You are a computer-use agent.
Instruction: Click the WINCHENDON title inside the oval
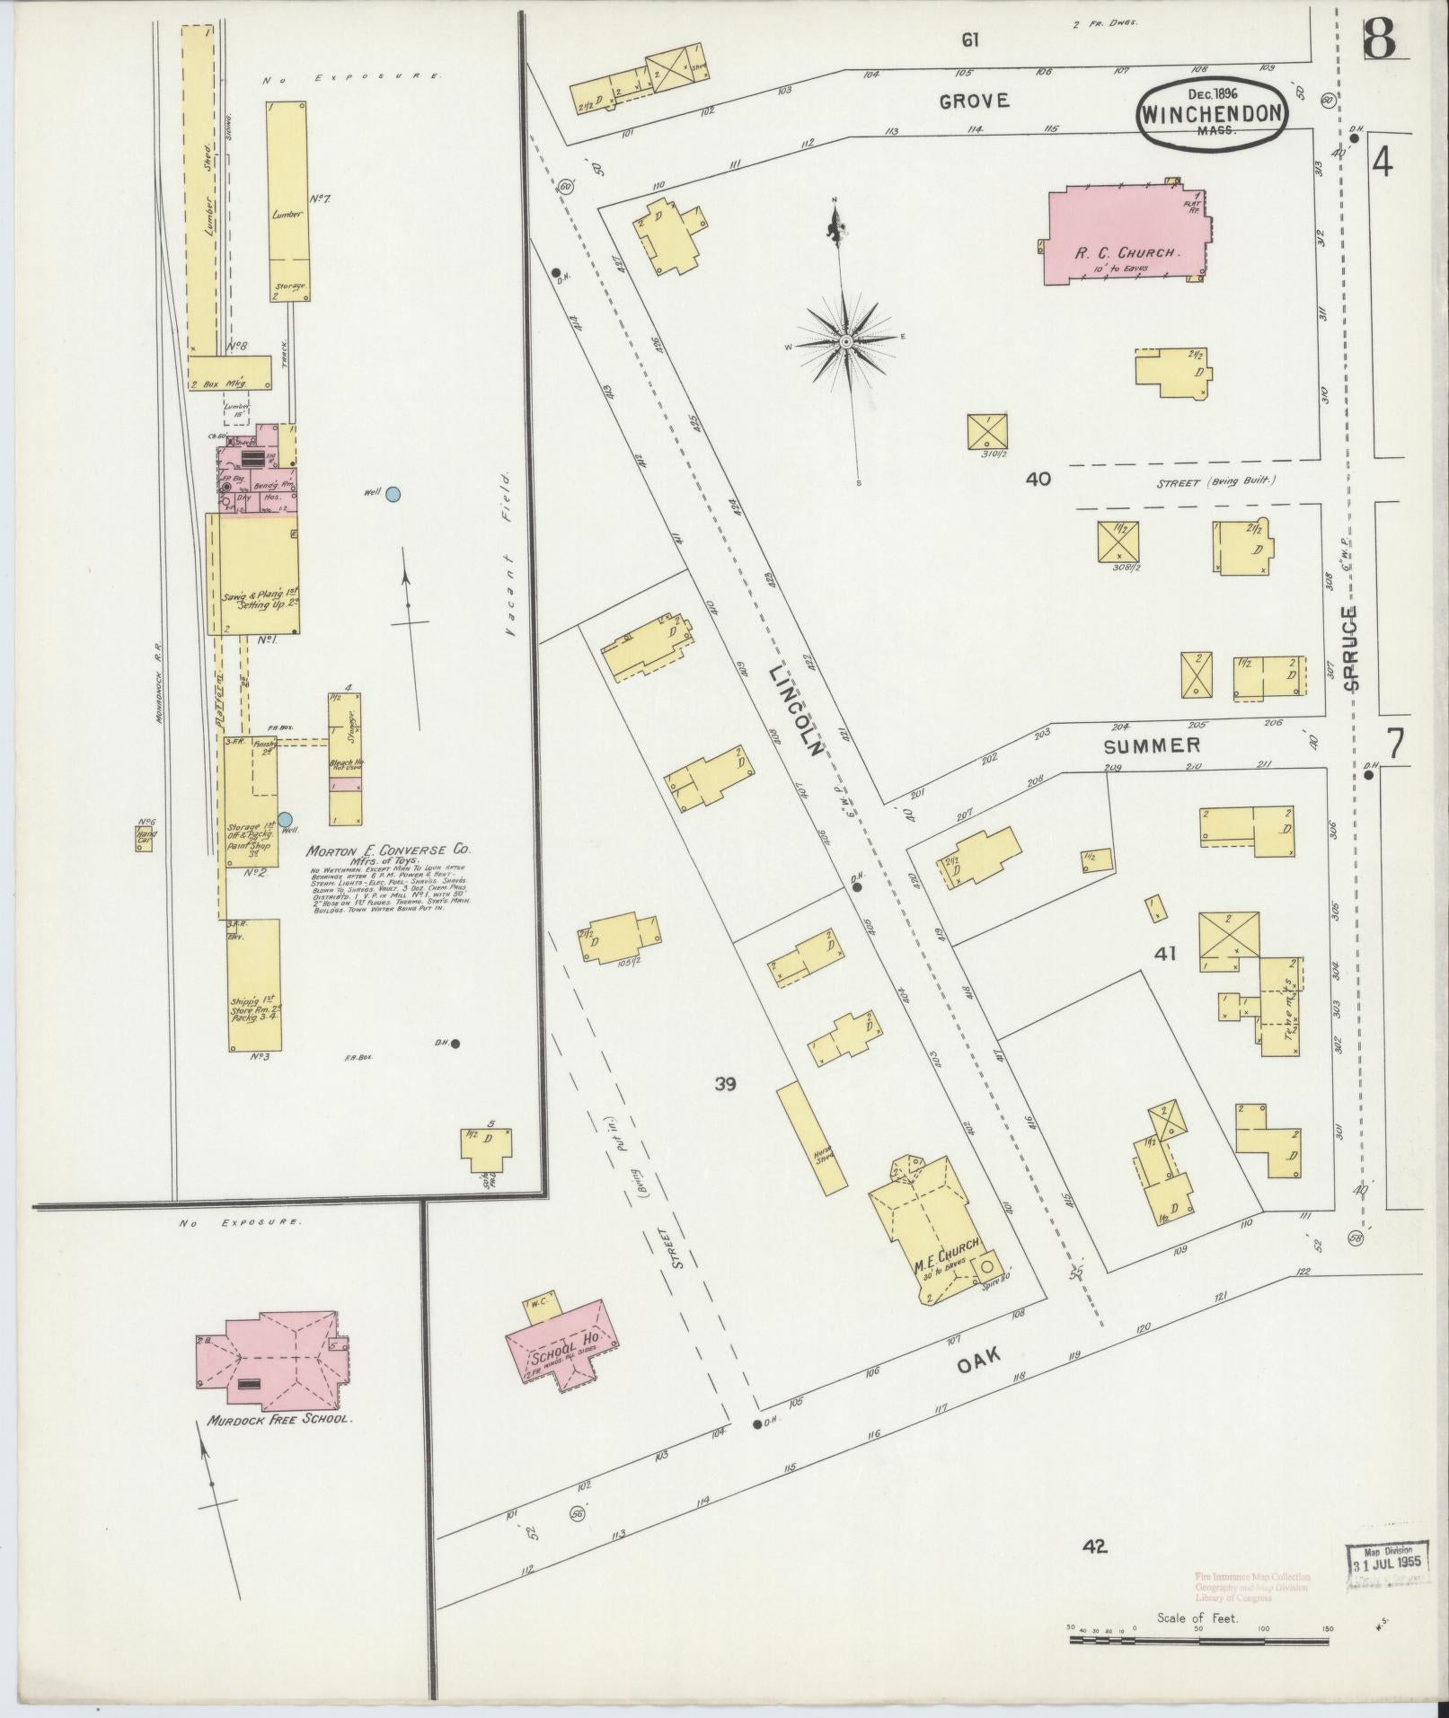1212,114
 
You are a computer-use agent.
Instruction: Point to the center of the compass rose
845,342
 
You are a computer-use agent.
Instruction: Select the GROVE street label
974,101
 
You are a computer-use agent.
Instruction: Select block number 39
725,1084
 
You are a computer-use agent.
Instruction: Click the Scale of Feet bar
1198,1640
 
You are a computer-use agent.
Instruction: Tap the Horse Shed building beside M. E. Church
810,1138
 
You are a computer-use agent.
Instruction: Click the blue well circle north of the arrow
393,493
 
